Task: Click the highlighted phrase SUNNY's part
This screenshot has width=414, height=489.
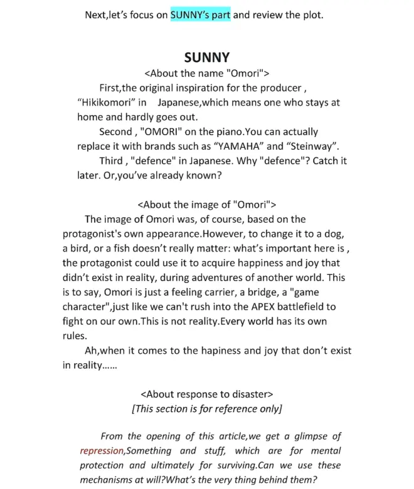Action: coord(200,14)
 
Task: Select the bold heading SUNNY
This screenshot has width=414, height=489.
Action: coord(207,58)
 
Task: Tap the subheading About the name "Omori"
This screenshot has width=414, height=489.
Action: coord(207,73)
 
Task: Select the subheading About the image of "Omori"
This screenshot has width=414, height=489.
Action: coord(206,205)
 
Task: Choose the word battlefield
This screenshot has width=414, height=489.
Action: coord(299,307)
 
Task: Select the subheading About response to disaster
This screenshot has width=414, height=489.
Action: coord(207,394)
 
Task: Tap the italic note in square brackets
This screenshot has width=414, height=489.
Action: coord(207,409)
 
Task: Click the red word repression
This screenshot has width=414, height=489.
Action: coord(102,451)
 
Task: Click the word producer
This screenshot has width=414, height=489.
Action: coord(279,88)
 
